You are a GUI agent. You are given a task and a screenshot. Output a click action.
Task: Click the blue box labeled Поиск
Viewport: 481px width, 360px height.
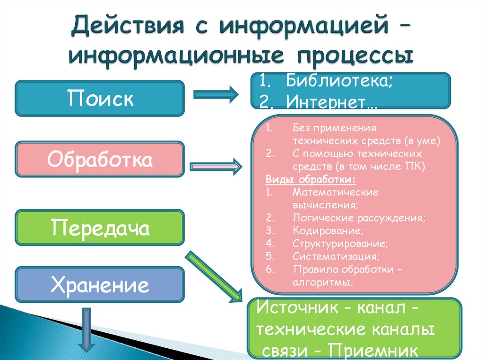click(100, 98)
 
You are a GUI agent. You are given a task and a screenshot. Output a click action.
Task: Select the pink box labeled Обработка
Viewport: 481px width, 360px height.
click(100, 160)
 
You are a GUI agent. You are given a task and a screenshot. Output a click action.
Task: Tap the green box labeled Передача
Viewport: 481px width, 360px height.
click(100, 228)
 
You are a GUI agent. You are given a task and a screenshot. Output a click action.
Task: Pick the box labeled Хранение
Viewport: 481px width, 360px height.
click(100, 284)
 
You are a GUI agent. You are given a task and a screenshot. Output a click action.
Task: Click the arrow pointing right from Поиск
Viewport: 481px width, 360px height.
click(216, 94)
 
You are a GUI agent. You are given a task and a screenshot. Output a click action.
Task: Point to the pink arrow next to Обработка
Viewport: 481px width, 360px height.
click(216, 166)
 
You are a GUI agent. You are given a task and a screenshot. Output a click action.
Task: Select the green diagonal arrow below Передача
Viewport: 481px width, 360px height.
click(214, 277)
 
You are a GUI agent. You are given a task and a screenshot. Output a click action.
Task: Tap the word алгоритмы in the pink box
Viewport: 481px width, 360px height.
click(322, 283)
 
